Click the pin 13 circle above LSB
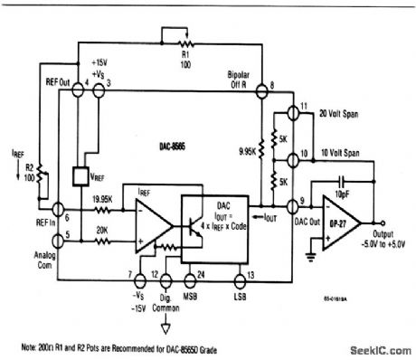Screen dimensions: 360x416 (x=237, y=274)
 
